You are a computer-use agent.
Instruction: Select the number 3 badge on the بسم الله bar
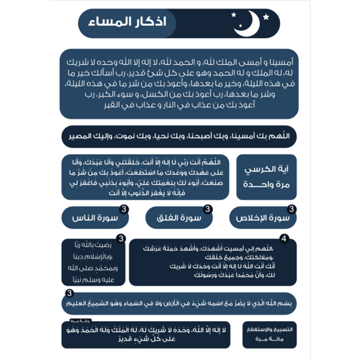69,294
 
